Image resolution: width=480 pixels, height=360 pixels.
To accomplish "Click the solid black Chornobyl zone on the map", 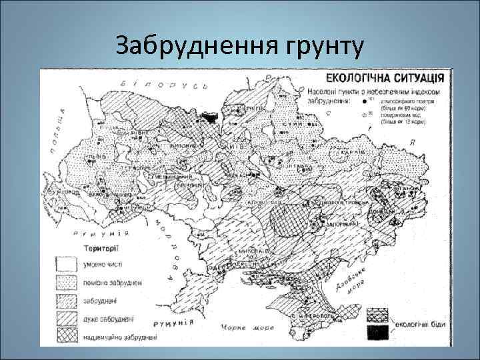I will (x=210, y=117).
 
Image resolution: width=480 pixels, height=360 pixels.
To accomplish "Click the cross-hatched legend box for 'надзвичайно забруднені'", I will (x=66, y=337).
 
